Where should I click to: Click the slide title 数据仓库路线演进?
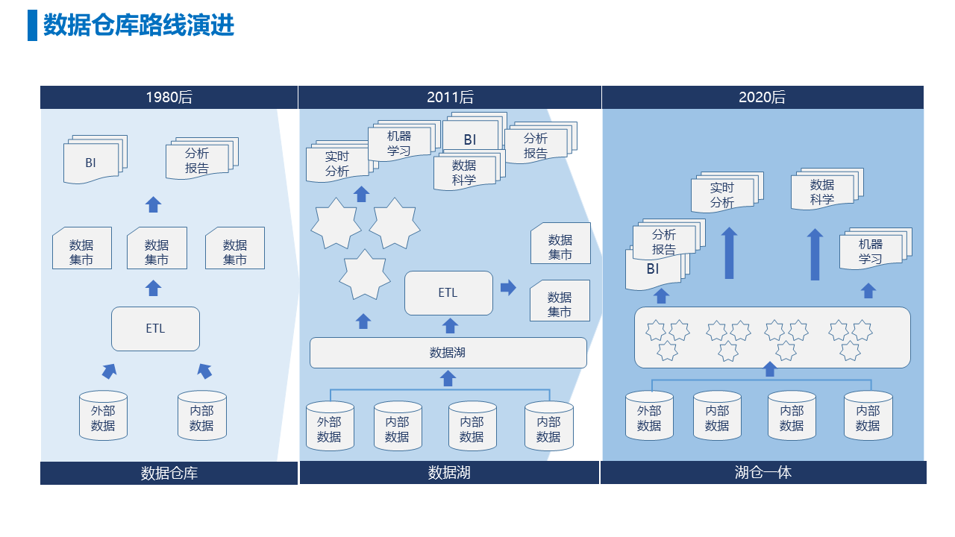pos(139,25)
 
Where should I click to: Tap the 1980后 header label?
pos(169,97)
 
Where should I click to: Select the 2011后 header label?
pos(450,97)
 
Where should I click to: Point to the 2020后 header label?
pos(762,97)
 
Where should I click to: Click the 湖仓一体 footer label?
pos(763,472)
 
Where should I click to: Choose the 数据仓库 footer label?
pos(169,473)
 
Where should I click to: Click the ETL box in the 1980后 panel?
pos(156,329)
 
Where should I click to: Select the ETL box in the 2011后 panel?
pos(448,293)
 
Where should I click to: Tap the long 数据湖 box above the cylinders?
pos(448,353)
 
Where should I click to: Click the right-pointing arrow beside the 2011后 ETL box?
pos(508,287)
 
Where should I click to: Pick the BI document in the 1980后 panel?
pos(95,160)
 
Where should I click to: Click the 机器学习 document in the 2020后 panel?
pos(876,248)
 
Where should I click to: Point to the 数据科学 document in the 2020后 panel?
pos(827,189)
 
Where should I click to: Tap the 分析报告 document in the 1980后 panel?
pos(202,158)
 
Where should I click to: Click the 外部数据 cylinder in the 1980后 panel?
pos(103,415)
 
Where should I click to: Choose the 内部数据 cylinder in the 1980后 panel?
pos(202,415)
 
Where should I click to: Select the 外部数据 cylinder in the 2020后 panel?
pos(649,415)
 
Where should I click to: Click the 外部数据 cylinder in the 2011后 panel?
pos(330,426)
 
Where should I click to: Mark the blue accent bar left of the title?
pos(32,25)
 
